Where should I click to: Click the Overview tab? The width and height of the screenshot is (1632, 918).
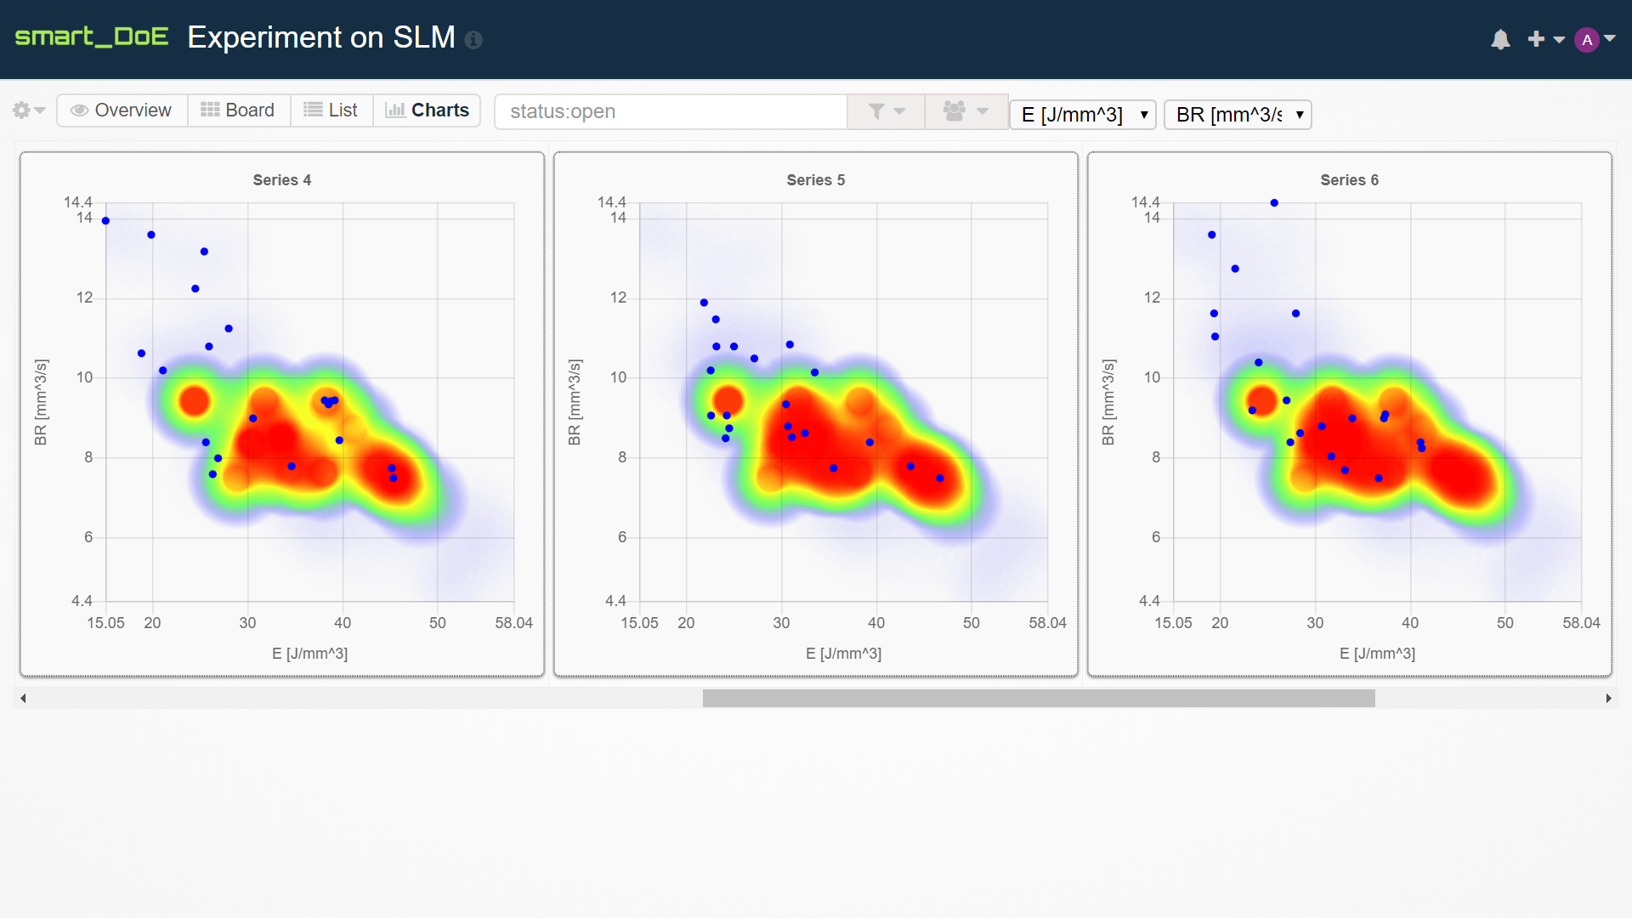coord(122,110)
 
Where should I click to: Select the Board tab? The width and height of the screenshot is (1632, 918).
coord(238,110)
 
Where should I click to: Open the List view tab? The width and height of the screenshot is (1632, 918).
coord(331,110)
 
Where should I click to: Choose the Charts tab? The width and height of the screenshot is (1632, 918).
coord(427,110)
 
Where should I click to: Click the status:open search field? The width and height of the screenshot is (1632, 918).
coord(671,111)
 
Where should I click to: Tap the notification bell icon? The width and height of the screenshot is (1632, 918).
coord(1500,40)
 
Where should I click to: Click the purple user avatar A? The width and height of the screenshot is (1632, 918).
coord(1586,40)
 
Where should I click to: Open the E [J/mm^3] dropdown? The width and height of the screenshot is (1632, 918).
coord(1082,115)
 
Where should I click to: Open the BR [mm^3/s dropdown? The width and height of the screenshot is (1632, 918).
coord(1237,115)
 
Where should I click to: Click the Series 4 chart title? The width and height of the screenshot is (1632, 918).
coord(281,180)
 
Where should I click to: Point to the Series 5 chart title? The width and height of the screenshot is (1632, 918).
coord(815,180)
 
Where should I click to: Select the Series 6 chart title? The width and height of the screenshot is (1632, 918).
coord(1349,180)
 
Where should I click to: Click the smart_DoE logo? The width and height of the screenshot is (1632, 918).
coord(92,37)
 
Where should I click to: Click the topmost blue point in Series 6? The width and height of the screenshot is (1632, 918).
coord(1274,203)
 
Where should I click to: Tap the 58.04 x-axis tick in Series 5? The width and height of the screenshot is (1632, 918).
coord(1047,623)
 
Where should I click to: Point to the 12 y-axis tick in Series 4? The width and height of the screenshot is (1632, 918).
coord(84,297)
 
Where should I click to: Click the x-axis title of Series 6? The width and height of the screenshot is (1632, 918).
coord(1377,654)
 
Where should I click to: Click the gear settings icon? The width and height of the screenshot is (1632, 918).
coord(21,110)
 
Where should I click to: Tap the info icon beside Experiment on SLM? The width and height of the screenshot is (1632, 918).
coord(473,40)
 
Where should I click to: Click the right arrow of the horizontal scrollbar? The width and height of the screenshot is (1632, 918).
coord(1608,699)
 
